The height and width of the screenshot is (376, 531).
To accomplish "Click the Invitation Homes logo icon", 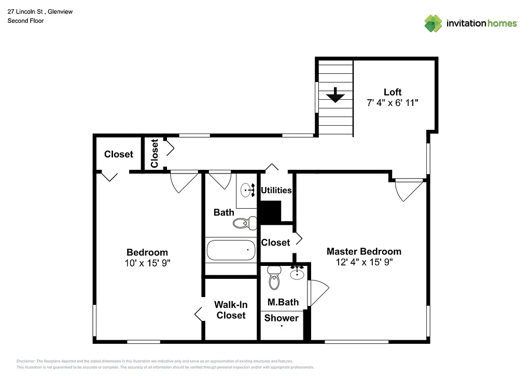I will pos(433,23).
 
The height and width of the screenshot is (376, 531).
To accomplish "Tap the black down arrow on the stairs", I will pos(336,96).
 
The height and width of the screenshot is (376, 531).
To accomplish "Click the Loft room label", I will pos(392,92).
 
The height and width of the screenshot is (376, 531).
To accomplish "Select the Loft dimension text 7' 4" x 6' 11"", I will pos(392,103).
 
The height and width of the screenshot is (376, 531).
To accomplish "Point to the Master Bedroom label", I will pos(364,251).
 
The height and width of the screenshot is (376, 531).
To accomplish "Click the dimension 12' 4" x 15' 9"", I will pos(364,262).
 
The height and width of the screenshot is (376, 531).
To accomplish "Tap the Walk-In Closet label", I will pos(231,310).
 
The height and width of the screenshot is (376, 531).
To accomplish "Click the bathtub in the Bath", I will pos(231,250).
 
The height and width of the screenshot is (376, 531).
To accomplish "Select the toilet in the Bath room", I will pos(244,223).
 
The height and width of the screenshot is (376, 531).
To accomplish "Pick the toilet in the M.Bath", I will pos(274,279).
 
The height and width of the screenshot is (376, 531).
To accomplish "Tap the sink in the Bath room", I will pos(248,190).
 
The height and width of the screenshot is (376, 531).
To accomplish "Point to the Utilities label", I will pos(276,190).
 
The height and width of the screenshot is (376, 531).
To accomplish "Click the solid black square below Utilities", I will pos(270,211).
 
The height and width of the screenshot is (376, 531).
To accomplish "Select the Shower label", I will pos(281,318).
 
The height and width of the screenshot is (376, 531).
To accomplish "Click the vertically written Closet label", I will pos(154,154).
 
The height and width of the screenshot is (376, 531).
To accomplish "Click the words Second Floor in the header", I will pos(25,21).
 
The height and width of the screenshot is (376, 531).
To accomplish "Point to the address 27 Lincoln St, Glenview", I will pos(40,11).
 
